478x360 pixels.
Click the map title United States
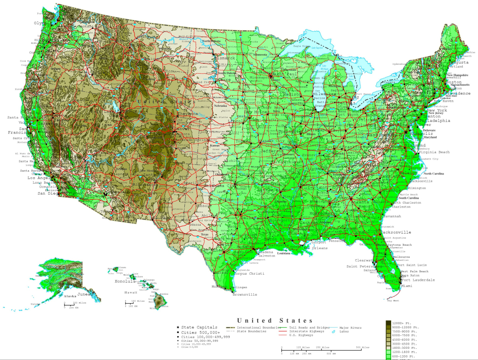(275, 320)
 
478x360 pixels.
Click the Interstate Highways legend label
(307, 332)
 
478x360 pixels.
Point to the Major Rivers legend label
(351, 328)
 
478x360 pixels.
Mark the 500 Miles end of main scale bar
(358, 347)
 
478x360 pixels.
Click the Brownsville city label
(245, 295)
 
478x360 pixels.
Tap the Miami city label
(407, 286)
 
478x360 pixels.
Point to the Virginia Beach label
(434, 152)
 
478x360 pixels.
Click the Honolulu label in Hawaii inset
(125, 281)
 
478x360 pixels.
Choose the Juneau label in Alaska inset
(84, 294)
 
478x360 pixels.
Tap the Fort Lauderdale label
(417, 280)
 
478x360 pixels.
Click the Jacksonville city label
(396, 232)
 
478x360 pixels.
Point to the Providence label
(460, 93)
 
